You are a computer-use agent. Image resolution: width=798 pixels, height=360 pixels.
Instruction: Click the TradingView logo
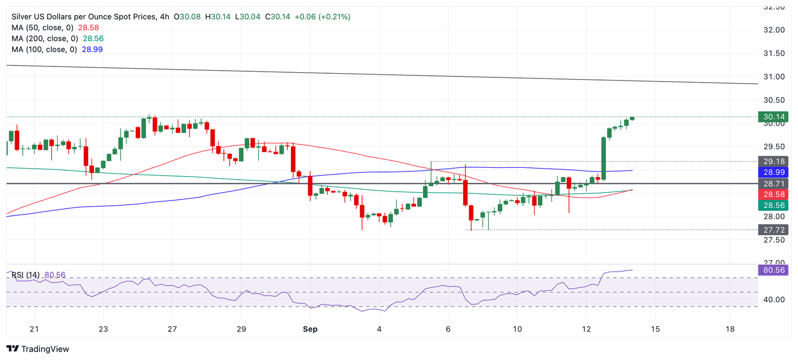37,349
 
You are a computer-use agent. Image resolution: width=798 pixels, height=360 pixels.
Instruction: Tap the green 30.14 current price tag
773,117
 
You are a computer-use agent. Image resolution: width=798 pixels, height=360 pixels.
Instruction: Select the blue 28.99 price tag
773,172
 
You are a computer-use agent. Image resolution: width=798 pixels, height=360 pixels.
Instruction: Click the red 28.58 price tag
773,194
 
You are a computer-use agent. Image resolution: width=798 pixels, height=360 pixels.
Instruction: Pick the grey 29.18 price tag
773,161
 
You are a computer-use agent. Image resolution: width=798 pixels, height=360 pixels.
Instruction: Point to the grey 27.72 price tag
773,229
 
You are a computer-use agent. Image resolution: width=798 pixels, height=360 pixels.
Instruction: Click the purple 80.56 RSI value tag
773,270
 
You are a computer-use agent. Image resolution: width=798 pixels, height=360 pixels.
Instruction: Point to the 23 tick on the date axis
103,329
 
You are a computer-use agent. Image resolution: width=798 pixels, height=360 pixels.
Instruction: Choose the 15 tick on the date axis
655,329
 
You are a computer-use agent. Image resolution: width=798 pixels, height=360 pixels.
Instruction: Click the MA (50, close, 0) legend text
42,28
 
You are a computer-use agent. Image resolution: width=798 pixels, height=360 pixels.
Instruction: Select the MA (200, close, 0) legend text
44,38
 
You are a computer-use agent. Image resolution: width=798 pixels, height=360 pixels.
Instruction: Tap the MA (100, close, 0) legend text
44,49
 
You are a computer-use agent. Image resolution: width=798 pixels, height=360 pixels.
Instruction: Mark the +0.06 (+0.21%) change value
322,17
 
